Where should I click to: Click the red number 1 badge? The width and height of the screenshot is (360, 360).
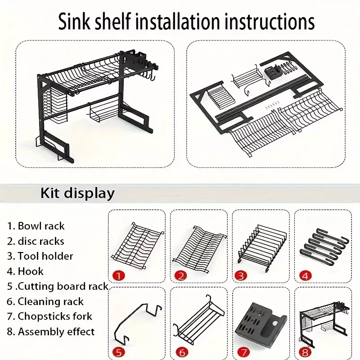(119, 275)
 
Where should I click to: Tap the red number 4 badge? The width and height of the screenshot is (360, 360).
(306, 275)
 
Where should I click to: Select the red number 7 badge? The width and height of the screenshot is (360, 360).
(244, 352)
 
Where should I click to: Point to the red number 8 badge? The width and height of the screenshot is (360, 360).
(306, 352)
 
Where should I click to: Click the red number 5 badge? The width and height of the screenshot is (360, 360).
(119, 352)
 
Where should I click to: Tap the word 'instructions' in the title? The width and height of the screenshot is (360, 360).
(269, 21)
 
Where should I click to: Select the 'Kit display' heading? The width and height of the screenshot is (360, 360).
(77, 193)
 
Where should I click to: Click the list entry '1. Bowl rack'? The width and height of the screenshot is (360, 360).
(36, 226)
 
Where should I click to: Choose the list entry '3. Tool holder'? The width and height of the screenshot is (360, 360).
(40, 256)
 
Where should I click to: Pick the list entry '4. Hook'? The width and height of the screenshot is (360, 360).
(25, 271)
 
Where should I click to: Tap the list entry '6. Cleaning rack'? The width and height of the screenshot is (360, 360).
(45, 301)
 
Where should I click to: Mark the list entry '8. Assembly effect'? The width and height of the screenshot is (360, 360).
(50, 332)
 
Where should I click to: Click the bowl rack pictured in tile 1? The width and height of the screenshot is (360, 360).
(137, 245)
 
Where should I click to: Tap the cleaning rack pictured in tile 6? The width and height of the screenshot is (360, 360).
(198, 320)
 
